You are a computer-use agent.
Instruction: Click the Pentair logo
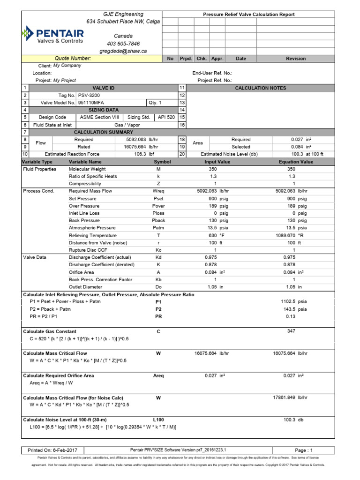pos(52,35)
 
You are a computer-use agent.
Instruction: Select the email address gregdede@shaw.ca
pos(123,51)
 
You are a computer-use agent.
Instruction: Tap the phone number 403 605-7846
pos(123,44)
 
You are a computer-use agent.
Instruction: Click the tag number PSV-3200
pos(89,95)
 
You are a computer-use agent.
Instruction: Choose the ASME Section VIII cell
pos(99,117)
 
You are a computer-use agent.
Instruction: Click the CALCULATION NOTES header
pos(260,88)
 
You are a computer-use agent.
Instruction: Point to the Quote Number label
pos(73,59)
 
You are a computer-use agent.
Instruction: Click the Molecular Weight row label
pos(87,169)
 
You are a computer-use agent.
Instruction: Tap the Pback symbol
pos(158,220)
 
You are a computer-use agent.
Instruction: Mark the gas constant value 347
pos(292,331)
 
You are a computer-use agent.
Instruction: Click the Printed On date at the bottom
pos(48,449)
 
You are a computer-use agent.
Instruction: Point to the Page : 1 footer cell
pos(303,449)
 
